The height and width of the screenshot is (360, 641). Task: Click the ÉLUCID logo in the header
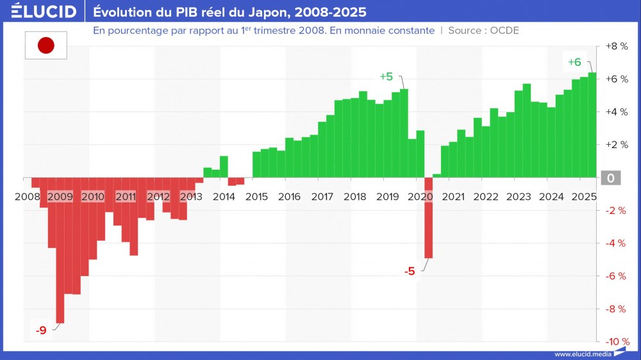click(x=44, y=12)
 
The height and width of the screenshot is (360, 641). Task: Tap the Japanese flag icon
click(x=46, y=45)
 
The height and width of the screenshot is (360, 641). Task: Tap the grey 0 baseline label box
click(x=611, y=178)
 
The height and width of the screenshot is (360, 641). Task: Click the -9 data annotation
click(x=41, y=331)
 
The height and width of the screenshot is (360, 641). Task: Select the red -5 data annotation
click(x=410, y=271)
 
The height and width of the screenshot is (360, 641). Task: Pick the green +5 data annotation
click(x=386, y=76)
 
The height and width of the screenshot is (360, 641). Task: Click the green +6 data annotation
click(x=574, y=62)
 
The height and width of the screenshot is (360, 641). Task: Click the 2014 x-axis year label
click(x=224, y=196)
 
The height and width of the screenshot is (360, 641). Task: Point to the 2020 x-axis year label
click(x=420, y=196)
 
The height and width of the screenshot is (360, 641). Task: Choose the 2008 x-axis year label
click(x=28, y=196)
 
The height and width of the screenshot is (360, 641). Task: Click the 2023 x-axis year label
click(x=519, y=196)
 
